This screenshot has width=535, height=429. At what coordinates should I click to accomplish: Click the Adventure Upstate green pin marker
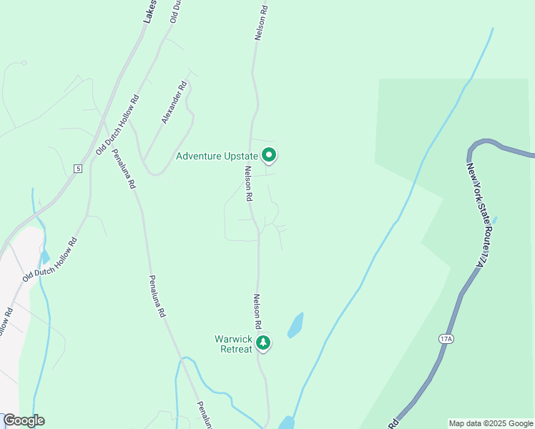[x=269, y=154]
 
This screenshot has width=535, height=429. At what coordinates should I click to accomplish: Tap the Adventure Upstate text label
[x=217, y=156]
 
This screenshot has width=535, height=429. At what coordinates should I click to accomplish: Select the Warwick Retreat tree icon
[x=264, y=343]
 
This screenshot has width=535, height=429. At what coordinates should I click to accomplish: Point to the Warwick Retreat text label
[x=234, y=344]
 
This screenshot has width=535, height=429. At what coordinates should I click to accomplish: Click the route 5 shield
[x=78, y=169]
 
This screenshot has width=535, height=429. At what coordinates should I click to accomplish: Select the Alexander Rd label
[x=174, y=103]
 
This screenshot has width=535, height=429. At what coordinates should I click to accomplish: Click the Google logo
[x=24, y=420]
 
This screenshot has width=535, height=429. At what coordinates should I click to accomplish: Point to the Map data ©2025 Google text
[x=491, y=423]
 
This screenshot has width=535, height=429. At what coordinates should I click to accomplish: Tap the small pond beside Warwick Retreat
[x=295, y=325]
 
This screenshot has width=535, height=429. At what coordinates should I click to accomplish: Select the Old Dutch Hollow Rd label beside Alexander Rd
[x=117, y=124]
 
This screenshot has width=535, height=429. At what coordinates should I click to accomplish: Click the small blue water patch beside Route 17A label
[x=495, y=220]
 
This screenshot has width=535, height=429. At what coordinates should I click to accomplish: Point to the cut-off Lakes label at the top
[x=149, y=11]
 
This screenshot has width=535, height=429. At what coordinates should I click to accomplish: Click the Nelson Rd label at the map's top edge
[x=262, y=23]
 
